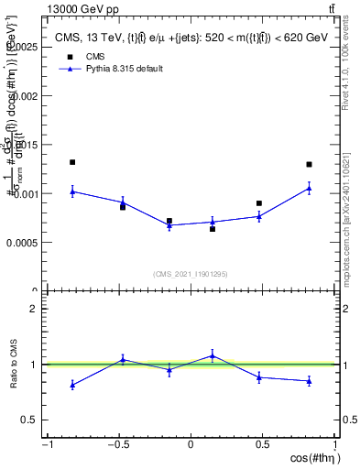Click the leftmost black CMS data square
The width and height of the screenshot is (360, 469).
pyautogui.click(x=72, y=162)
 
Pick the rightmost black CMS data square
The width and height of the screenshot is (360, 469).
pyautogui.click(x=309, y=165)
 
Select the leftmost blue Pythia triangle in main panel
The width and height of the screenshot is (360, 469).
pyautogui.click(x=72, y=191)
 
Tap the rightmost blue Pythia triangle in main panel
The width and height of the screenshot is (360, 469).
pyautogui.click(x=309, y=188)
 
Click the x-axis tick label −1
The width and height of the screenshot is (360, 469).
pyautogui.click(x=47, y=445)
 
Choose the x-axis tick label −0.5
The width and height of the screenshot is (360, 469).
pyautogui.click(x=118, y=445)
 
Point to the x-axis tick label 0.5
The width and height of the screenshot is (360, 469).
pyautogui.click(x=262, y=445)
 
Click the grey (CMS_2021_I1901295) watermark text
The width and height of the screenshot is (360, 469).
pyautogui.click(x=191, y=274)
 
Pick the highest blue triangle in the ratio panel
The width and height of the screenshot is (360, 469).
pyautogui.click(x=212, y=355)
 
